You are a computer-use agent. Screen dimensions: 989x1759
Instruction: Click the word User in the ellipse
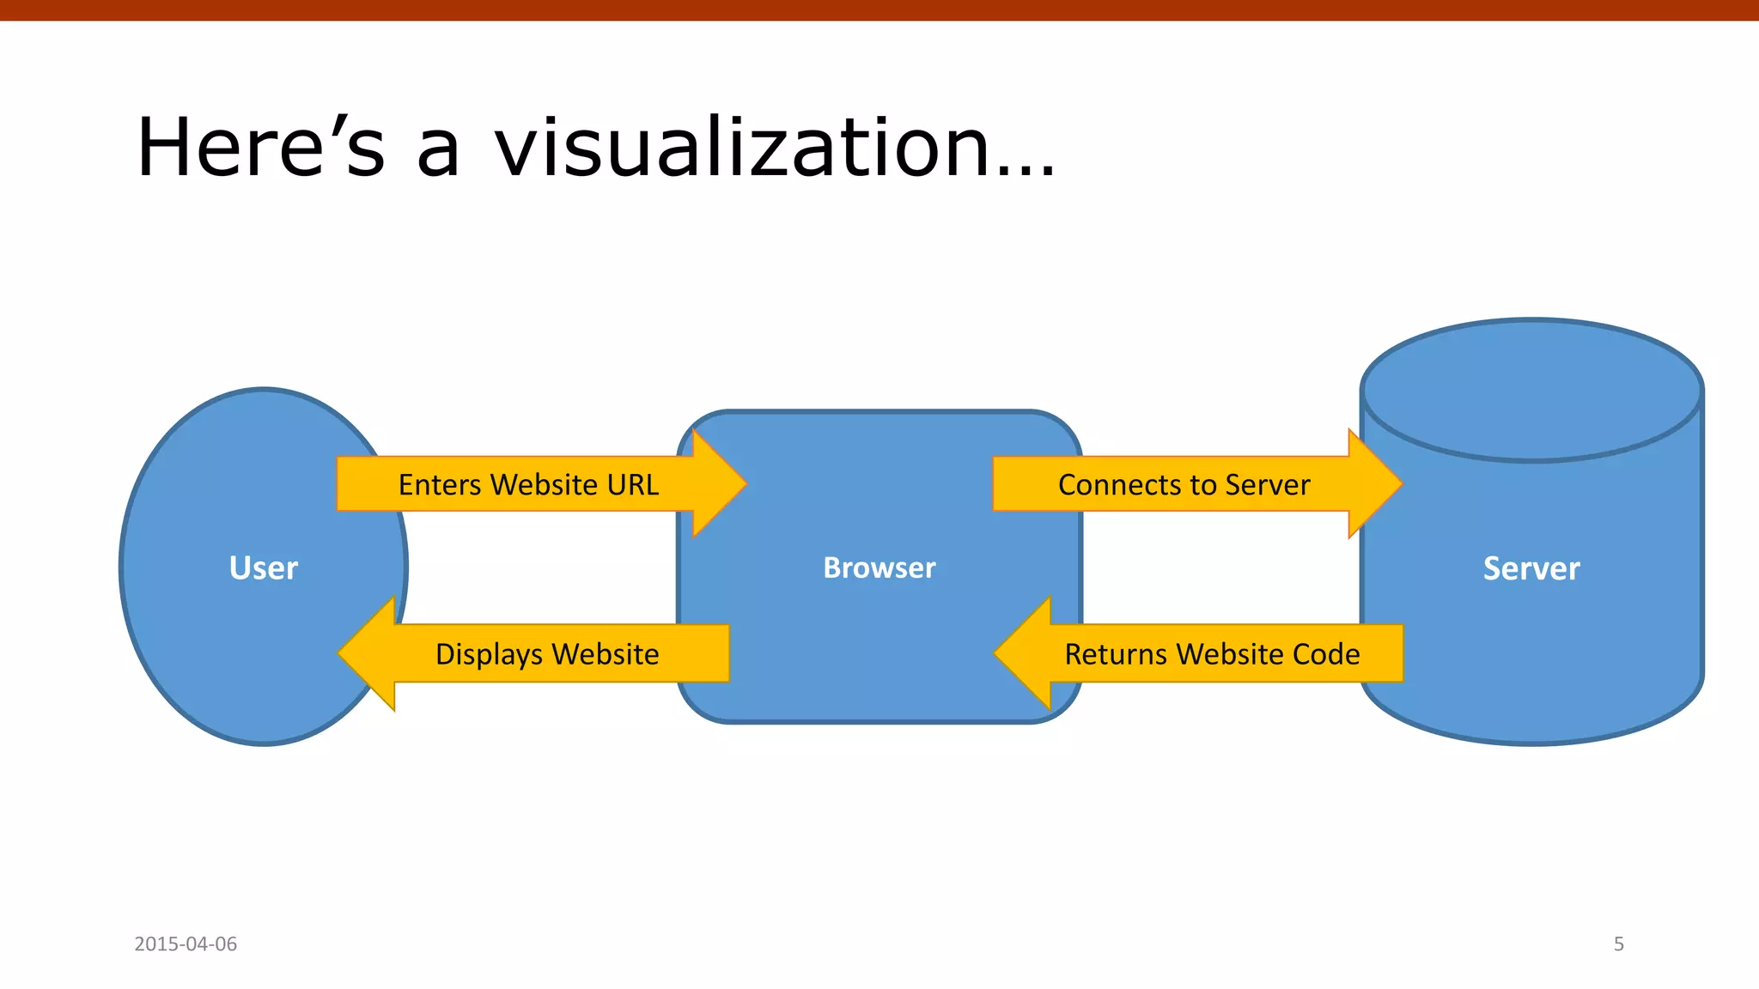tap(263, 568)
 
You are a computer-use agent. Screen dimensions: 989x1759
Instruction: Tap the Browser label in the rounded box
tap(879, 568)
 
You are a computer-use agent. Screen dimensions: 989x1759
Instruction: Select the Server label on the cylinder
tap(1531, 568)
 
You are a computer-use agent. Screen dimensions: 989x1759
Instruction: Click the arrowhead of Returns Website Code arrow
tap(1023, 653)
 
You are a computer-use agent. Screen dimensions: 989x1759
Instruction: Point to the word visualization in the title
tap(743, 148)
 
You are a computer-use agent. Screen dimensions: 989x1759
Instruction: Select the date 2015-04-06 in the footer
tap(186, 943)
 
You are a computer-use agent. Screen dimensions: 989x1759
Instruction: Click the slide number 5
tap(1618, 943)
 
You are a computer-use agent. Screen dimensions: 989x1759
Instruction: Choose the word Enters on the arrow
tap(440, 485)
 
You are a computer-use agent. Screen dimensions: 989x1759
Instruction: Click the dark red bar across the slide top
tap(879, 9)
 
